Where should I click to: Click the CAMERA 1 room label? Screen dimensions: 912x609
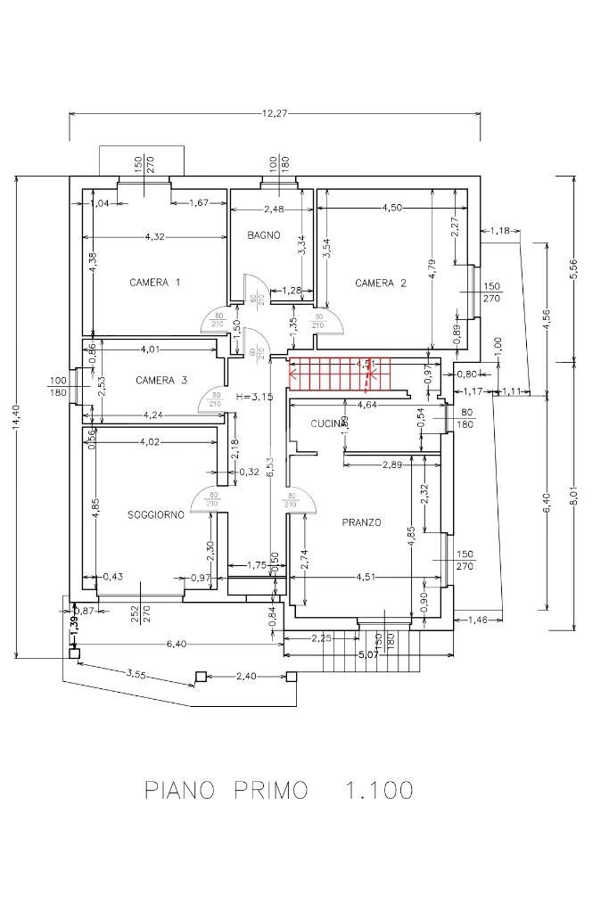tap(155, 283)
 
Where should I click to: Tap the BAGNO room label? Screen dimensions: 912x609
tap(264, 235)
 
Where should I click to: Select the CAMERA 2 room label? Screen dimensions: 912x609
tap(381, 283)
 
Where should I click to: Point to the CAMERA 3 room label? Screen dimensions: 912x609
tap(161, 381)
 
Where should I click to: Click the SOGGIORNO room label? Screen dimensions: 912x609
tap(156, 515)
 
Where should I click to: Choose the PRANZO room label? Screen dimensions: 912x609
tap(361, 522)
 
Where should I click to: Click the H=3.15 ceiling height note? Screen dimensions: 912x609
tap(254, 397)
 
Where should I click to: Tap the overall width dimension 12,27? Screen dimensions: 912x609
tap(275, 114)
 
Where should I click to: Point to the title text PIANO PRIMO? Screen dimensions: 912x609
tap(226, 790)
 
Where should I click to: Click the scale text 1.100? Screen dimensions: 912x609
tap(379, 790)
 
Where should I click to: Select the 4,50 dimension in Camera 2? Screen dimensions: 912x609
tap(392, 208)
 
